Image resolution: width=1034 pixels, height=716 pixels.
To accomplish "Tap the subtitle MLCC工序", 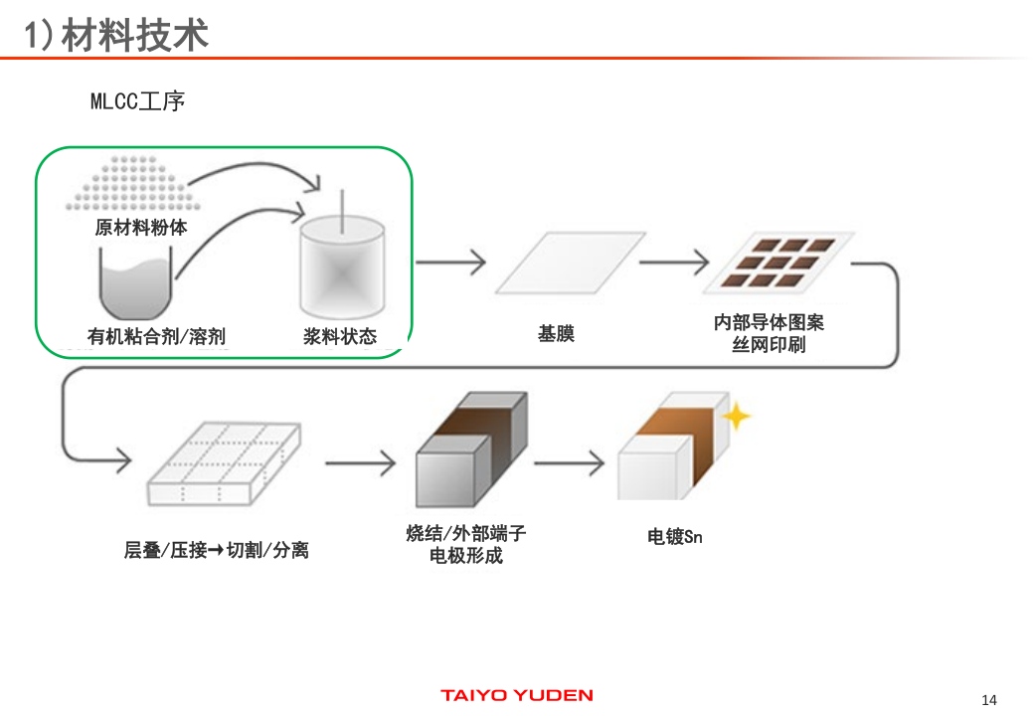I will coord(137,101).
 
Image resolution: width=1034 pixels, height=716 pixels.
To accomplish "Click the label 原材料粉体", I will coord(141,228).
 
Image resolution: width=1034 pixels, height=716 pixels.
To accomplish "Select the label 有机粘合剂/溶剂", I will coord(156,337).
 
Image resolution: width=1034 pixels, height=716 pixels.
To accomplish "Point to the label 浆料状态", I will coord(340,337).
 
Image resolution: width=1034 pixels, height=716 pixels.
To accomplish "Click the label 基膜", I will coord(556,334).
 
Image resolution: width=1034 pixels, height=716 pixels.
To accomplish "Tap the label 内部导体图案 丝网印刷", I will coord(769,334).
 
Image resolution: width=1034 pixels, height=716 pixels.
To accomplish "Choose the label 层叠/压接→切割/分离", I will coord(216,550).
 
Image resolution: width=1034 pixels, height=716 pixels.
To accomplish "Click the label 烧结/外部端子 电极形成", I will coord(465,544).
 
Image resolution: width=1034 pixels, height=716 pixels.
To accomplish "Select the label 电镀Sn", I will coord(674,537).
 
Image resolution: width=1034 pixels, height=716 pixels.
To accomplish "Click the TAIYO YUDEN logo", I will coord(517,695).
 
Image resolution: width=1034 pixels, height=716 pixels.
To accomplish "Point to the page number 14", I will coord(988,696).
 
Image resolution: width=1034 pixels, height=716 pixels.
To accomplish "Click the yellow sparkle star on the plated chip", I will coord(736,416).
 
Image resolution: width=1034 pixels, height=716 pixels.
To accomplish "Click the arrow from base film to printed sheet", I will coord(673,263).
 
